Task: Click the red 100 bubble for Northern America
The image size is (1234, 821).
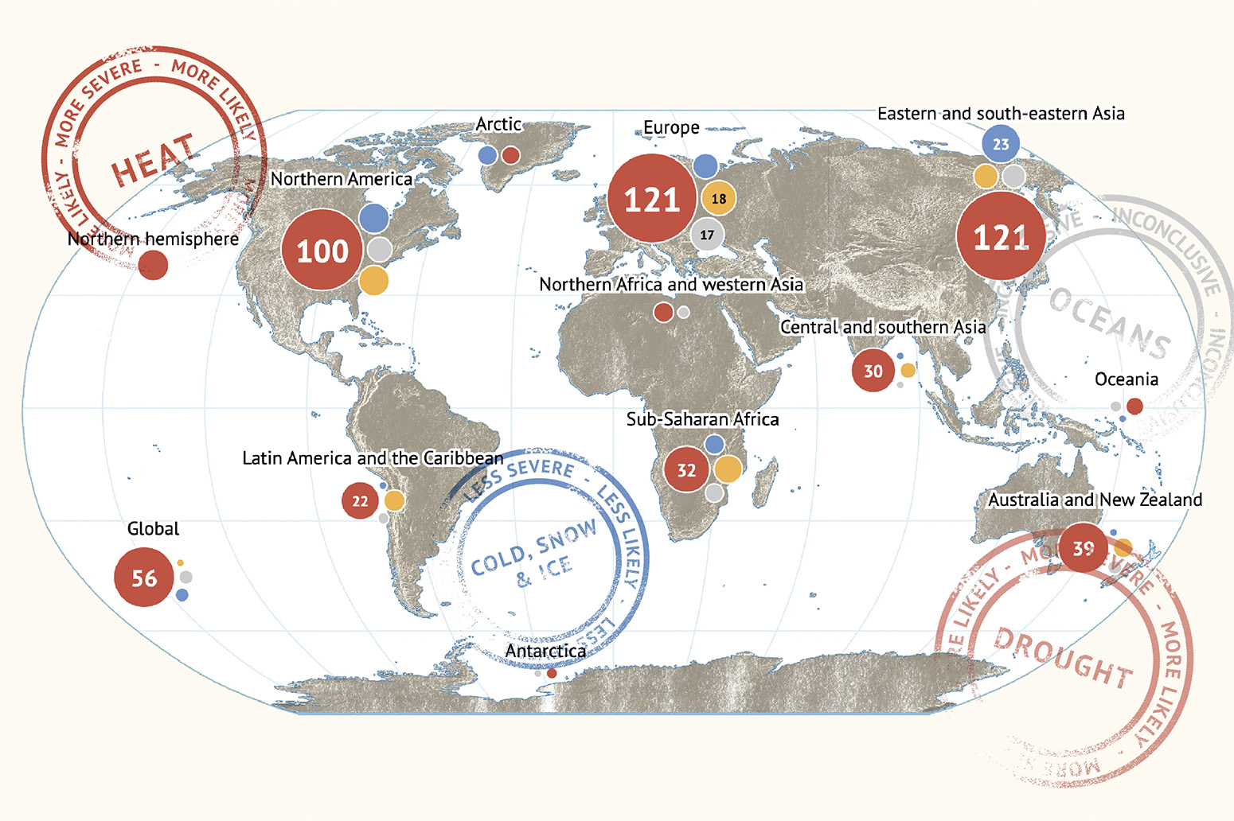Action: [x=322, y=251]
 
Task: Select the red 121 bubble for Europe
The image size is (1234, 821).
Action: [x=652, y=199]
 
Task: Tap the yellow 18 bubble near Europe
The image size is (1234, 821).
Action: [x=718, y=199]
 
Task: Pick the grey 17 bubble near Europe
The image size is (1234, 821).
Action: [x=707, y=235]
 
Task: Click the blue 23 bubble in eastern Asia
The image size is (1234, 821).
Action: [x=1001, y=144]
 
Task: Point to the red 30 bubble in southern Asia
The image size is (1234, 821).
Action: [x=873, y=371]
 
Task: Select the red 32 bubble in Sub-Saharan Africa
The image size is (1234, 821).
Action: [x=686, y=470]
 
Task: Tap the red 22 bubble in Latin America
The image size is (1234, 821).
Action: [x=360, y=501]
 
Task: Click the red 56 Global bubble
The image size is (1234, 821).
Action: [x=144, y=578]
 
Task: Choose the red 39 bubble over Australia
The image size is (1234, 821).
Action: [x=1083, y=548]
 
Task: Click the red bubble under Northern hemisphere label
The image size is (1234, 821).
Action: [x=153, y=265]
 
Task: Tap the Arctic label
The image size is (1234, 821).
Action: [x=498, y=124]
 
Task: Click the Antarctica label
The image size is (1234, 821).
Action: [x=545, y=651]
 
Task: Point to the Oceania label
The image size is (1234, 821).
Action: [x=1126, y=379]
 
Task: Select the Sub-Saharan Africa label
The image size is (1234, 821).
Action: [x=702, y=419]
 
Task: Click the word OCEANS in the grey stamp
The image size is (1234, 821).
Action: [x=1110, y=323]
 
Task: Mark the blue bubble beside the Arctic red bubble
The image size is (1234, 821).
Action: [x=487, y=155]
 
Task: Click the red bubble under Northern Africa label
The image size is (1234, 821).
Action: [x=662, y=313]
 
